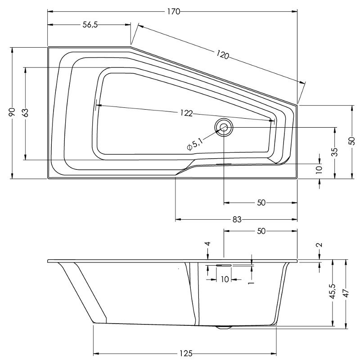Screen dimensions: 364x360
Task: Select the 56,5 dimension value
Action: (90, 25)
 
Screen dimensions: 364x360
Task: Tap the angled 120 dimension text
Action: (222, 55)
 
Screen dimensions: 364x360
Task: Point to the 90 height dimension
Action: (12, 112)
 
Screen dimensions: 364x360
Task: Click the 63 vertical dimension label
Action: (26, 113)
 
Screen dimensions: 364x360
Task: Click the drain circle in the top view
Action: (224, 128)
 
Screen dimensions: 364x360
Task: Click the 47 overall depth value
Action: (346, 293)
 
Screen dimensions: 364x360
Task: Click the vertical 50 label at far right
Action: (352, 140)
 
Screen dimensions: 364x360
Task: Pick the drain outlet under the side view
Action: (224, 327)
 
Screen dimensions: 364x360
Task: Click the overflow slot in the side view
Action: (224, 266)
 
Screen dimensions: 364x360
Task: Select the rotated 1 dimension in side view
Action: (251, 283)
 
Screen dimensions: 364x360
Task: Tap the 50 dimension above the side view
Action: (261, 231)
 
